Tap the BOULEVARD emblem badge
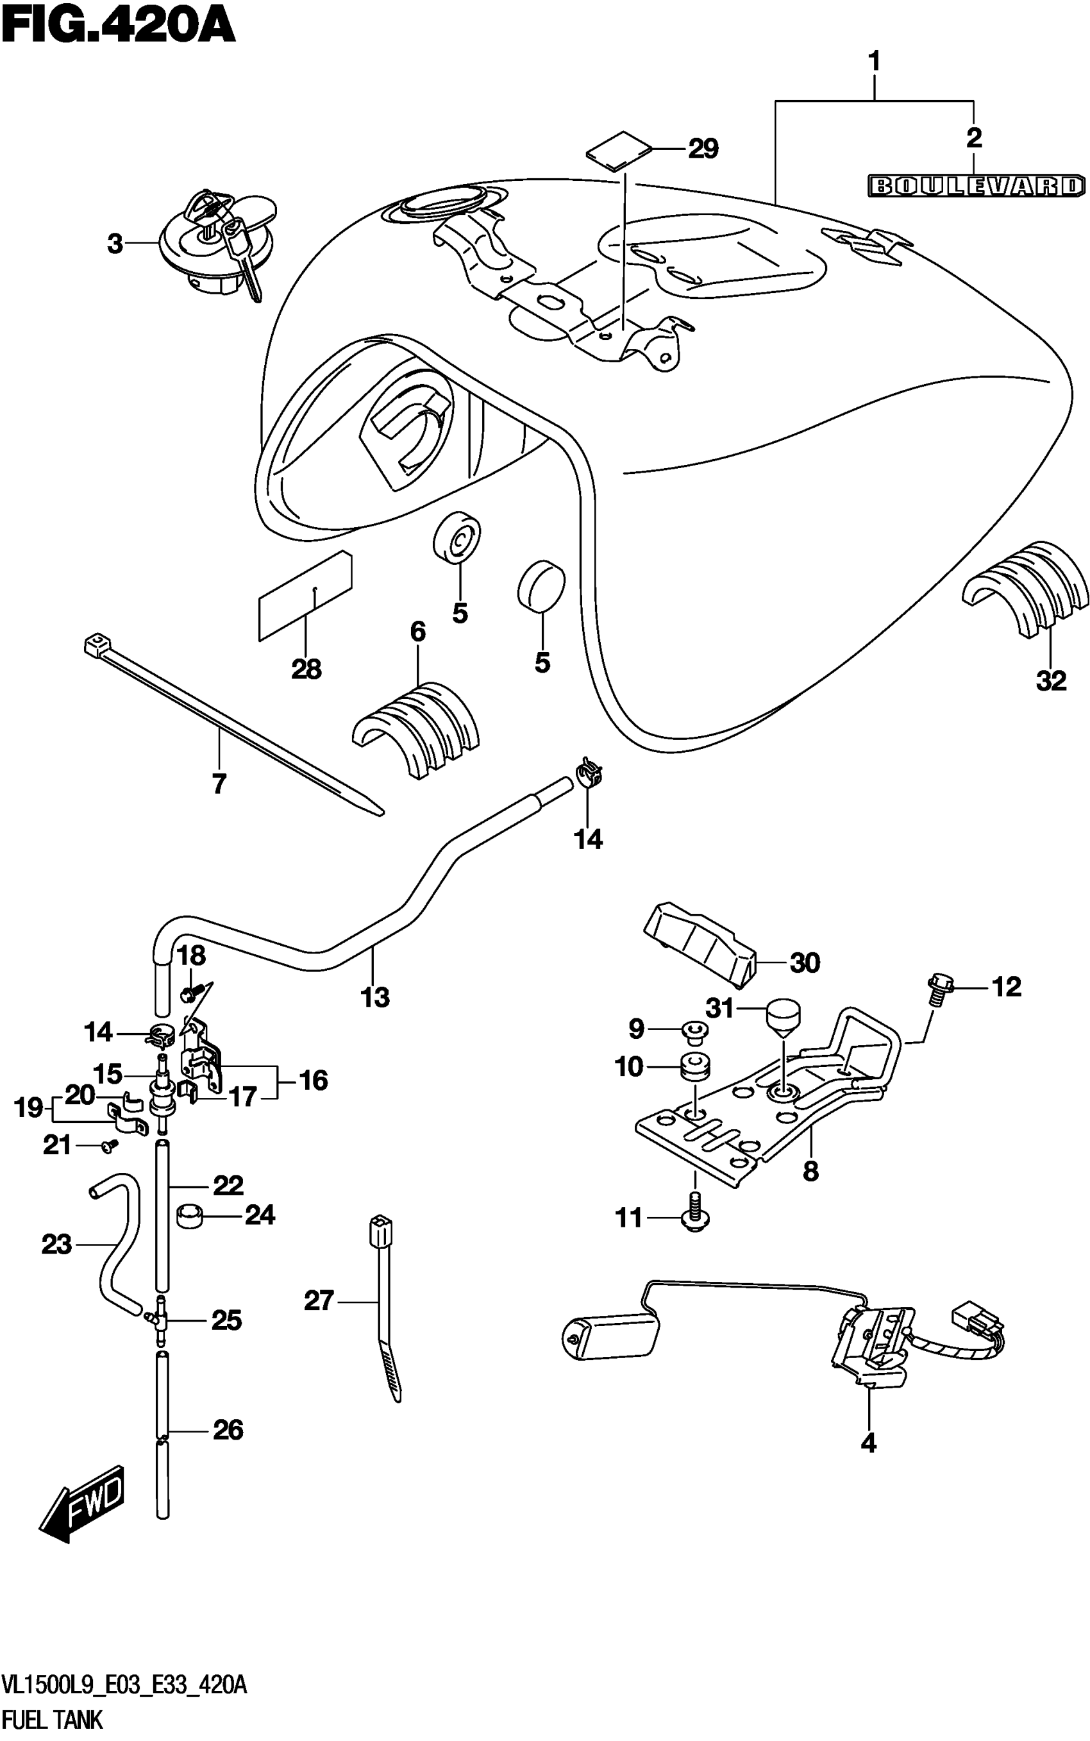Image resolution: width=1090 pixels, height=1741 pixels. click(x=975, y=186)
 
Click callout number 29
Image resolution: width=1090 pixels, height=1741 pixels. click(x=703, y=149)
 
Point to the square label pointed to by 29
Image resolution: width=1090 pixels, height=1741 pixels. click(x=619, y=151)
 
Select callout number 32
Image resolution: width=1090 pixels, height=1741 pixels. click(x=1050, y=680)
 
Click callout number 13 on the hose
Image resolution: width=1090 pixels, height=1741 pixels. click(x=375, y=997)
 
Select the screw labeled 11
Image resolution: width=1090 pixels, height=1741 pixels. click(x=694, y=1218)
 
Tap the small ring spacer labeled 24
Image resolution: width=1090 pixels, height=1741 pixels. click(x=189, y=1216)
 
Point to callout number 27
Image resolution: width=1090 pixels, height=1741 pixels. click(x=319, y=1301)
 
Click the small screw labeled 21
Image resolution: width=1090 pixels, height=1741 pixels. click(x=110, y=1145)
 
